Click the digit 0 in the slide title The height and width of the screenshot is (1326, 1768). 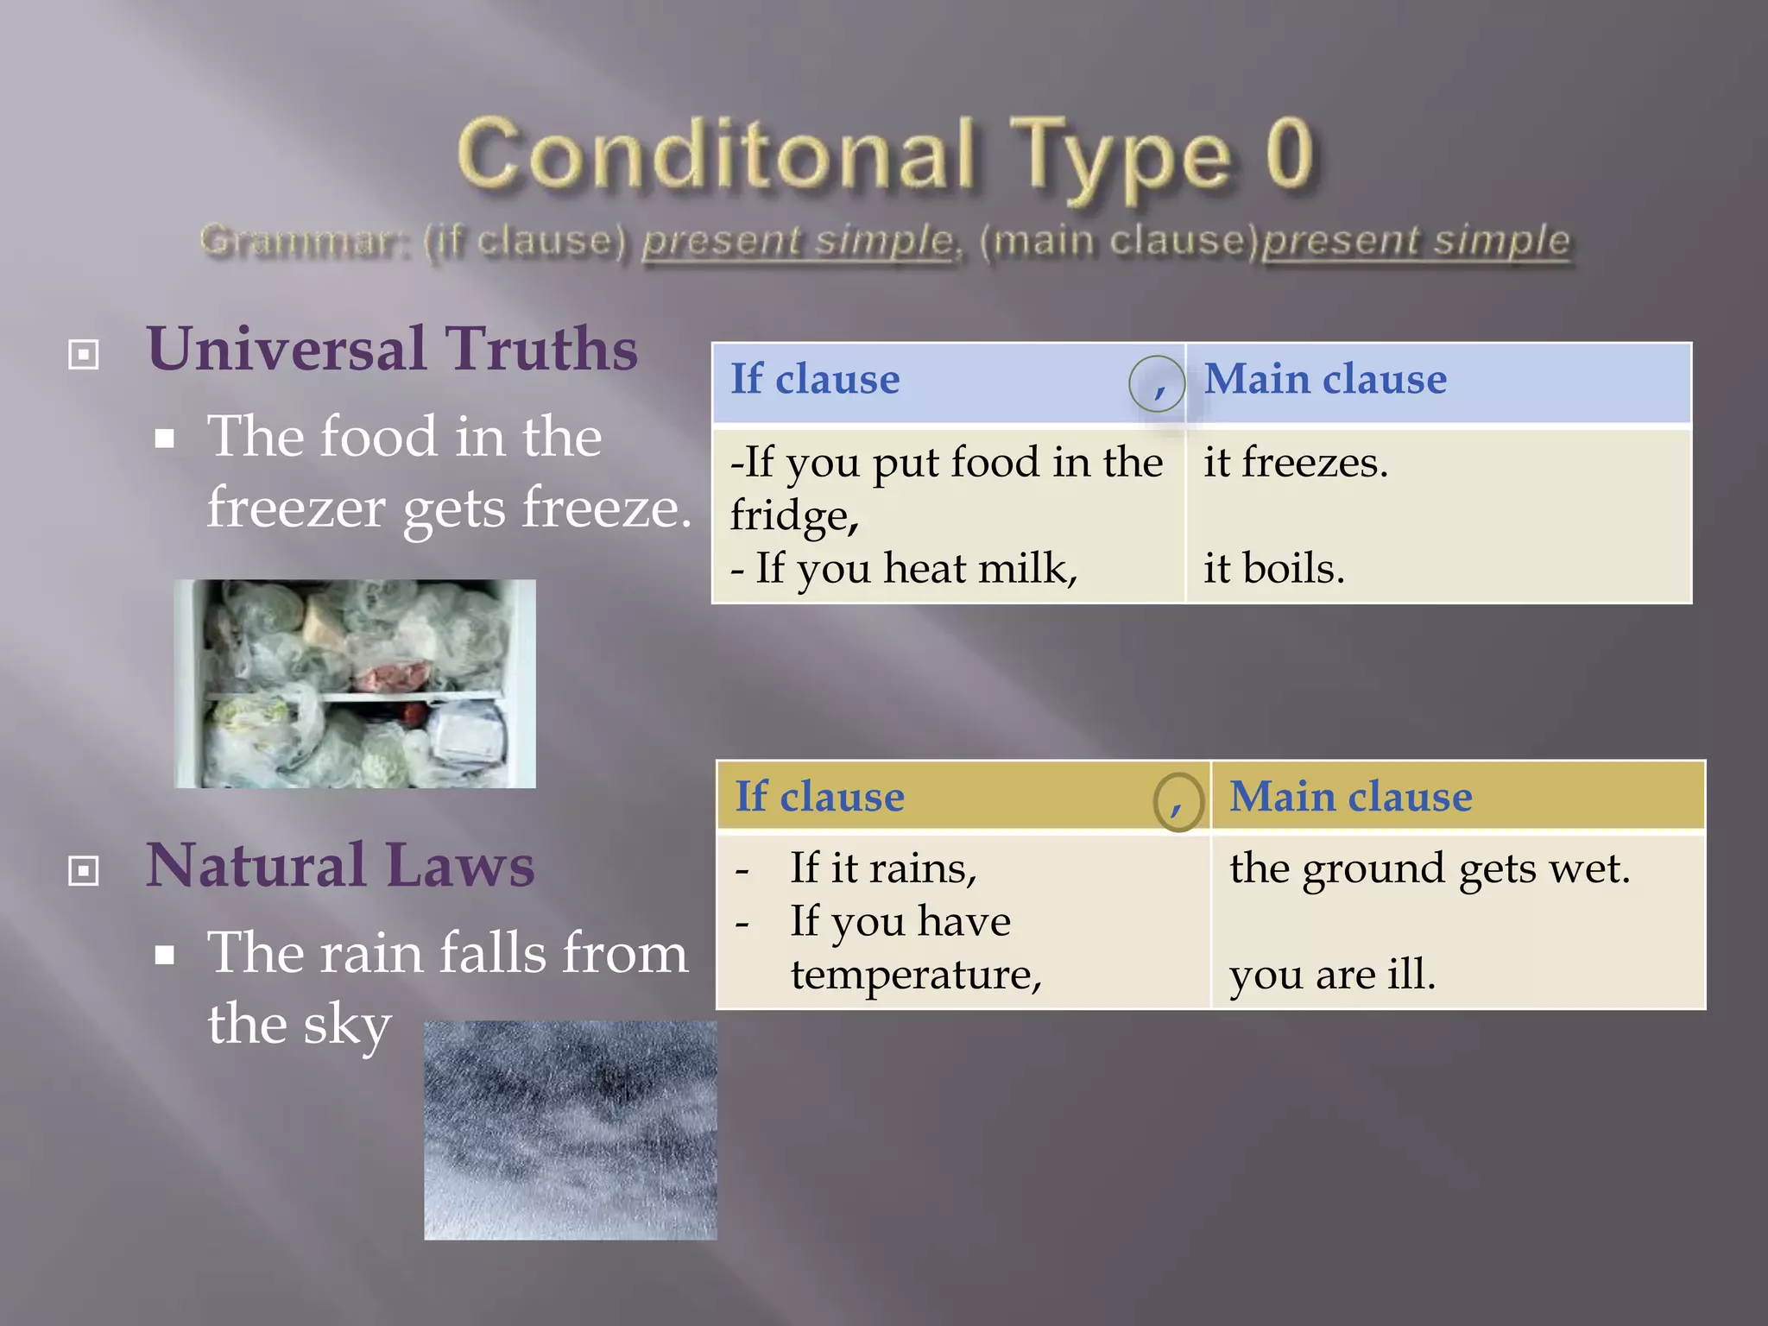pos(1289,154)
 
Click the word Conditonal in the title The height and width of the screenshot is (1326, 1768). pos(717,154)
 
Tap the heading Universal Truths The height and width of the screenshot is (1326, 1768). pos(392,349)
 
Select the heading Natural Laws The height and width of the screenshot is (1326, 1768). pos(340,865)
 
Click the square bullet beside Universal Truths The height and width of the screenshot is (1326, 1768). pos(84,354)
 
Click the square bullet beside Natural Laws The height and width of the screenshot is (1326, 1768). pos(84,870)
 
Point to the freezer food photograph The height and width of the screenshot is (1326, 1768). pos(355,683)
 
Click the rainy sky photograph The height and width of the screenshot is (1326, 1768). pos(570,1130)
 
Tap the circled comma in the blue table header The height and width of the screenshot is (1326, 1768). pos(1157,383)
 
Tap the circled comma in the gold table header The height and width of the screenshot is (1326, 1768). pos(1178,802)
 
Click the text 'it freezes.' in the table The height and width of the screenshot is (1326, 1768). pos(1296,463)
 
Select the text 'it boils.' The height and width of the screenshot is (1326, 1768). pos(1274,569)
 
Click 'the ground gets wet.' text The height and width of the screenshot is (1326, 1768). pos(1430,868)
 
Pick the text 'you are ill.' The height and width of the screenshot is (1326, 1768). pos(1332,975)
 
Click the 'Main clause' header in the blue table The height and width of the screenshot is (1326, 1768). pos(1325,380)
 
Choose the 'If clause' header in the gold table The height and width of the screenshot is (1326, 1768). pos(819,797)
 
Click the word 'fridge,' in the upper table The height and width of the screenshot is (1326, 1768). pos(794,516)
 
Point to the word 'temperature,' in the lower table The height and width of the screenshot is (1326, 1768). pos(916,975)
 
